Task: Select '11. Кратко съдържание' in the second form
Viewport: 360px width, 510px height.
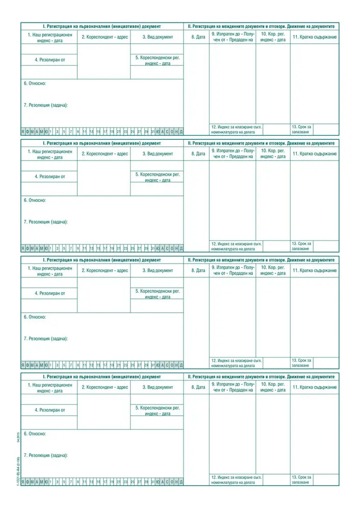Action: click(314, 154)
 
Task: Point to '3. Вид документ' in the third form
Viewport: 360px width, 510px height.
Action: click(157, 270)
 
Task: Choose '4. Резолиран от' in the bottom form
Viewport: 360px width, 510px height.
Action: click(50, 410)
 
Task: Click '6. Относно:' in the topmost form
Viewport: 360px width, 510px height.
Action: click(35, 83)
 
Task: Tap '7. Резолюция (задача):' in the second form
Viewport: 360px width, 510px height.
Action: click(45, 222)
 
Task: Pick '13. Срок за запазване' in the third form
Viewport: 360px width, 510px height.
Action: click(301, 363)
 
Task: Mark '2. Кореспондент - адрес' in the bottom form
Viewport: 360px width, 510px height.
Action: click(105, 387)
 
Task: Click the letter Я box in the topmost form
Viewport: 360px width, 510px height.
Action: click(23, 131)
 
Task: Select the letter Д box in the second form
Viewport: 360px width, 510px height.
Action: click(181, 248)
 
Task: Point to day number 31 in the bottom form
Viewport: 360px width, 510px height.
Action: click(153, 481)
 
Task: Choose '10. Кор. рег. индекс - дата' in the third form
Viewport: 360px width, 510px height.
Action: click(273, 270)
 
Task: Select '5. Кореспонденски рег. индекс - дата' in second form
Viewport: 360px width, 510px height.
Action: click(157, 177)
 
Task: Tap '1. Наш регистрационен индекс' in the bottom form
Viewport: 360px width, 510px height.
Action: click(50, 388)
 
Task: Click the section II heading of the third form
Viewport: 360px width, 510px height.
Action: click(261, 260)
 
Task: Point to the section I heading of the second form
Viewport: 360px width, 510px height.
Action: click(102, 143)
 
